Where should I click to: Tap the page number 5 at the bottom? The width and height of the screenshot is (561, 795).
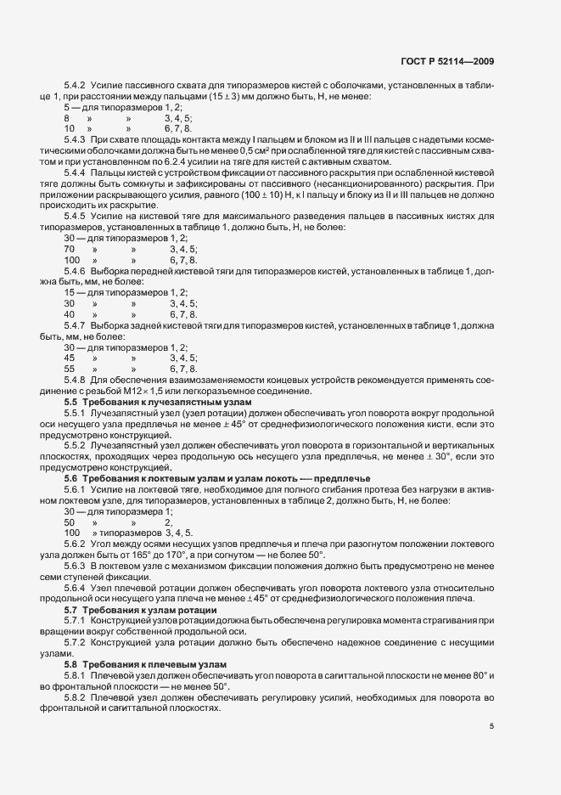pyautogui.click(x=492, y=725)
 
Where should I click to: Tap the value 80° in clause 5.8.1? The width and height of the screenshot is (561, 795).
pyautogui.click(x=463, y=675)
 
